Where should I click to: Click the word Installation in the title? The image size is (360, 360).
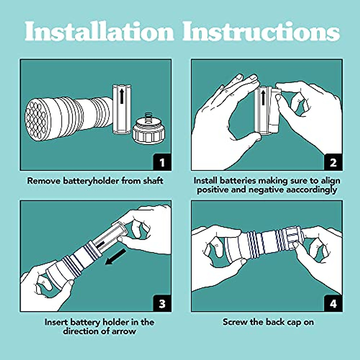pos(99,31)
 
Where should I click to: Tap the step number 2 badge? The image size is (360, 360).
pos(333,162)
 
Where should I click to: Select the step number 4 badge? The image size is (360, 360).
pos(333,304)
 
